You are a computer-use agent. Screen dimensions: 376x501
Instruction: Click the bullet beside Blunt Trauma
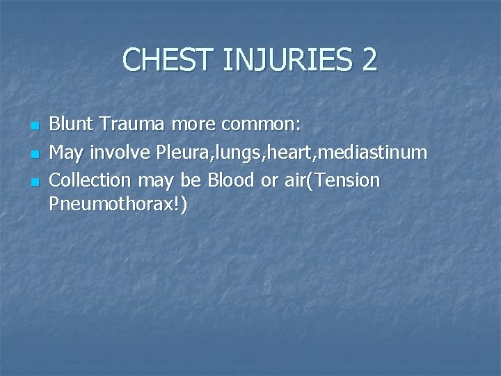[34, 126]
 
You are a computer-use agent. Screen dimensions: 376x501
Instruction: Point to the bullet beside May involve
[34, 153]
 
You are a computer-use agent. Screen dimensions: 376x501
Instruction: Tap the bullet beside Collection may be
[34, 181]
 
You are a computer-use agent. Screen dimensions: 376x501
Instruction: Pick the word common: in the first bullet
[261, 125]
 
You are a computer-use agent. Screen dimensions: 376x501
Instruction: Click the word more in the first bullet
[195, 125]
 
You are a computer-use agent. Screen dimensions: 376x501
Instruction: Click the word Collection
[90, 180]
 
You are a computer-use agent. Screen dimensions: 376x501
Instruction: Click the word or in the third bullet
[270, 180]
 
